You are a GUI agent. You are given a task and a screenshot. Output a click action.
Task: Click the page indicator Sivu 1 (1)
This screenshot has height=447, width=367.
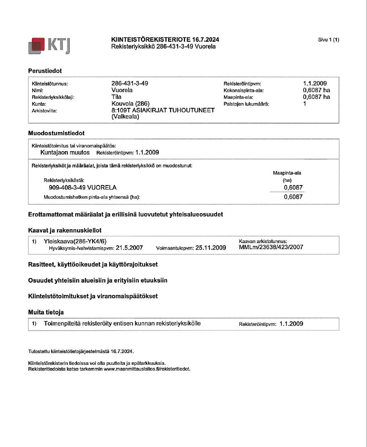click(x=328, y=40)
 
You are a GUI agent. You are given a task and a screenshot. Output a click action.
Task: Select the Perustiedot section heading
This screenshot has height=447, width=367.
click(x=45, y=71)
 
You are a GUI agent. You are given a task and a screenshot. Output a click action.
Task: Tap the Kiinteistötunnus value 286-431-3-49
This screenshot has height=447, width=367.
click(x=130, y=83)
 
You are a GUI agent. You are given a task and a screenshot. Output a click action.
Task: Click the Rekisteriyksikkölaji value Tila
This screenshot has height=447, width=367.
click(x=117, y=97)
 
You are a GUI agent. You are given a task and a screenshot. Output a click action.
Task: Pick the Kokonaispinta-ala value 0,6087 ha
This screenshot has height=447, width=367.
click(x=316, y=90)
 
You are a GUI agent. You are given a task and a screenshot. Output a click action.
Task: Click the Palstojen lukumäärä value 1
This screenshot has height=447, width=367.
click(x=305, y=104)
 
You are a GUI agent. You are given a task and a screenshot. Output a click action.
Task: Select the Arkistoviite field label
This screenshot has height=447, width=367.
click(x=44, y=111)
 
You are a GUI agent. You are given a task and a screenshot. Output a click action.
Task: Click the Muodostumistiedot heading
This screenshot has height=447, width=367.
click(x=56, y=133)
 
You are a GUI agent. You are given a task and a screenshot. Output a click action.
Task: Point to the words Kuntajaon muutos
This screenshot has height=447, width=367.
click(x=65, y=152)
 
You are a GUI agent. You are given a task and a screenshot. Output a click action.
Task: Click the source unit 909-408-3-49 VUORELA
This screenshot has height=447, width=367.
click(x=83, y=188)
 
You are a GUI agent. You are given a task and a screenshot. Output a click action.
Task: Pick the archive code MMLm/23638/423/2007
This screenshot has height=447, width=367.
click(x=271, y=247)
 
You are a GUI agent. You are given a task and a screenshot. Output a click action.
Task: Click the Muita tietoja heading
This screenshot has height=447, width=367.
click(x=46, y=312)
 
